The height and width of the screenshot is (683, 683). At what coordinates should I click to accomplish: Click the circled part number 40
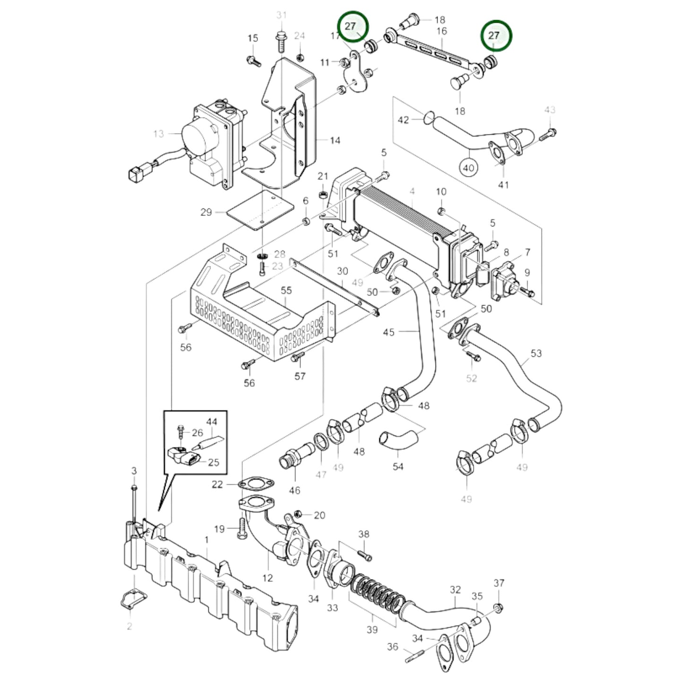pos(468,167)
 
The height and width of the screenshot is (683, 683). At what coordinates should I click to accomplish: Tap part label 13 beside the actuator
pos(158,134)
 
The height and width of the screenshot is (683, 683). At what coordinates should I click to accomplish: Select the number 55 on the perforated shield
pos(286,290)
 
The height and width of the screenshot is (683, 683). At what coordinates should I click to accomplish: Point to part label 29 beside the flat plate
pos(206,212)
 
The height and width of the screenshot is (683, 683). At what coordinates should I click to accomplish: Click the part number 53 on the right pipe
pos(536,353)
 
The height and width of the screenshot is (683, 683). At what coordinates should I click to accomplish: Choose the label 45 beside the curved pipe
pos(389,332)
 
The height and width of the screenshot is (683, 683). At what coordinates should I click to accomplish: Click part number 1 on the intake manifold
pos(207,539)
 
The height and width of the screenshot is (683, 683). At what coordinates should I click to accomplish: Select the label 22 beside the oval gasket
pos(217,484)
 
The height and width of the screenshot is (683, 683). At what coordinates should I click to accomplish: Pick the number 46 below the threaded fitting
pos(294,491)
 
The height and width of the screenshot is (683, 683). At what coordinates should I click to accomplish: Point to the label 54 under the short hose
pos(398,467)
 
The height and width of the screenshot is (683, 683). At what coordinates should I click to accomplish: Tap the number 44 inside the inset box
pos(212,421)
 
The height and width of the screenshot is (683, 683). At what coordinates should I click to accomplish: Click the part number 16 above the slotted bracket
pos(442,31)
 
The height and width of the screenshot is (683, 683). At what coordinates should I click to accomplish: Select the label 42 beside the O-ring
pos(403,120)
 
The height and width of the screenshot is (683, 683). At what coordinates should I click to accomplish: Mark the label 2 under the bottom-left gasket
pos(129,626)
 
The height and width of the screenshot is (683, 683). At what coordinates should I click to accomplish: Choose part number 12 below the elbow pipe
pos(268,578)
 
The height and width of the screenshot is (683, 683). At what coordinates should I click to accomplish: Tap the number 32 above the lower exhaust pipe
pos(455,589)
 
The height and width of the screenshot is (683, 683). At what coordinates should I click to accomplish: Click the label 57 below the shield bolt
pos(300,376)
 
